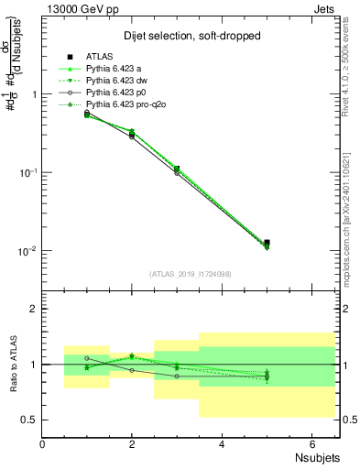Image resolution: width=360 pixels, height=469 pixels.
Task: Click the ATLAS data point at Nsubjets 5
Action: click(267, 243)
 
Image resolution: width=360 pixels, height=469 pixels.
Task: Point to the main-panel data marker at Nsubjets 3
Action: click(177, 169)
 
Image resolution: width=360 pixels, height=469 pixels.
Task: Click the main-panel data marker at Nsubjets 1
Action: click(87, 114)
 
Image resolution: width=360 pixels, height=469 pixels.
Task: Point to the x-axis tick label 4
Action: click(222, 444)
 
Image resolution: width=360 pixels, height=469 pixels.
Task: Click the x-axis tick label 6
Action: click(311, 444)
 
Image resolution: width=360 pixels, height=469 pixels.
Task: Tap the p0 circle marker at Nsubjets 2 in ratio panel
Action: click(132, 370)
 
